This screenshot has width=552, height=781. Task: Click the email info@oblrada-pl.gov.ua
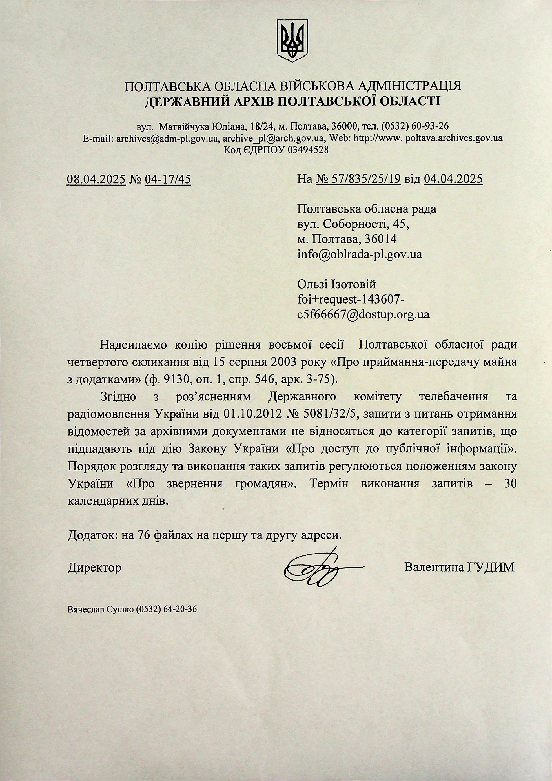(360, 255)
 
